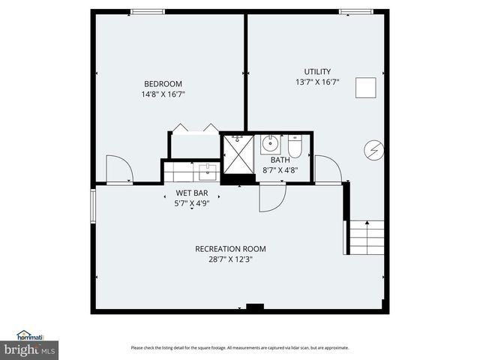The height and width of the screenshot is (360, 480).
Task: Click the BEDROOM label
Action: pyautogui.click(x=163, y=83)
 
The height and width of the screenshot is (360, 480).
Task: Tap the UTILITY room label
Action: pyautogui.click(x=316, y=71)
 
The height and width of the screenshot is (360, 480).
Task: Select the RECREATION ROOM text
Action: pyautogui.click(x=230, y=249)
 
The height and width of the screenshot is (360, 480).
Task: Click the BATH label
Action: pyautogui.click(x=280, y=160)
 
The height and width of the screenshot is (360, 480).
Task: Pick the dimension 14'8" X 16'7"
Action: pyautogui.click(x=163, y=94)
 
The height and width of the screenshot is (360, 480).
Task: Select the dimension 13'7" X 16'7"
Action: pyautogui.click(x=316, y=82)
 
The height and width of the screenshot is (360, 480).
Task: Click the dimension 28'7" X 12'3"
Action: pyautogui.click(x=230, y=259)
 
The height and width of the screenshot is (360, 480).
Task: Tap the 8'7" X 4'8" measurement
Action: pyautogui.click(x=280, y=169)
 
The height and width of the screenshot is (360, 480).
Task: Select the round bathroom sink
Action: pyautogui.click(x=270, y=143)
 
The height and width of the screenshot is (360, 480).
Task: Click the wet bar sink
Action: pyautogui.click(x=207, y=172)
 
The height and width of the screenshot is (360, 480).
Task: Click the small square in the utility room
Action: pyautogui.click(x=365, y=88)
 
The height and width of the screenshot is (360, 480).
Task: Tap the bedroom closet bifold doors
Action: pyautogui.click(x=195, y=128)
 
